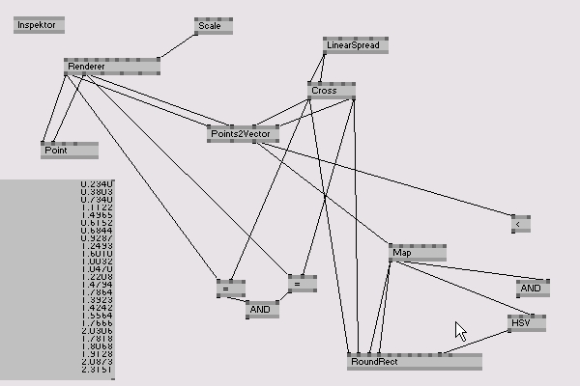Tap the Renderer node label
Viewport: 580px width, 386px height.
(x=86, y=67)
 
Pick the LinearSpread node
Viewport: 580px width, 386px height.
(x=355, y=45)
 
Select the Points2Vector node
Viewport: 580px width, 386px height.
(x=243, y=133)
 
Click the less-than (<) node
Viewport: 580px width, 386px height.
(x=521, y=224)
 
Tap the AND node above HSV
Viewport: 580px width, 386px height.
(x=533, y=289)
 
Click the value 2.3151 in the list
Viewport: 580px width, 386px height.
(x=98, y=370)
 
